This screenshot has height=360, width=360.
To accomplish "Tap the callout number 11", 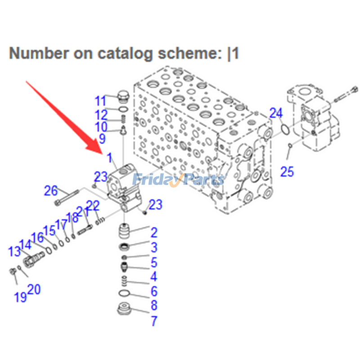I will (100, 100).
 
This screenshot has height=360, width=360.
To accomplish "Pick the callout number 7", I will (154, 321).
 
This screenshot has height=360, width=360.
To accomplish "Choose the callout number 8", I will (154, 306).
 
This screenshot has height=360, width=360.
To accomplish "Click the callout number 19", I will (20, 297).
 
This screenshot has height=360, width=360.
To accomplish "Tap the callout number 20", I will (34, 289).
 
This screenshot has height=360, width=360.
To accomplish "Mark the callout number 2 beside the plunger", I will (154, 233).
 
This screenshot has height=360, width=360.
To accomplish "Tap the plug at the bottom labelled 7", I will (123, 310).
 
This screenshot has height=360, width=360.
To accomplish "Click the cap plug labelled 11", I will (122, 96).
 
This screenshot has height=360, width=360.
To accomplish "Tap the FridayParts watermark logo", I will (178, 180).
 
